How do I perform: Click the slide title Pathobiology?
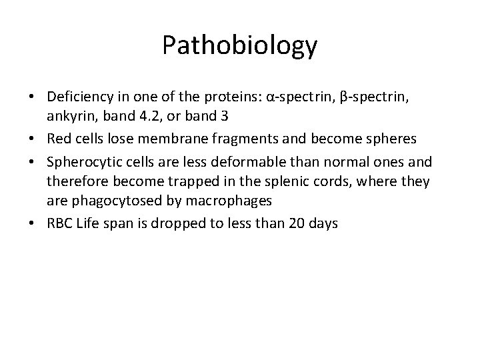click(x=240, y=46)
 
